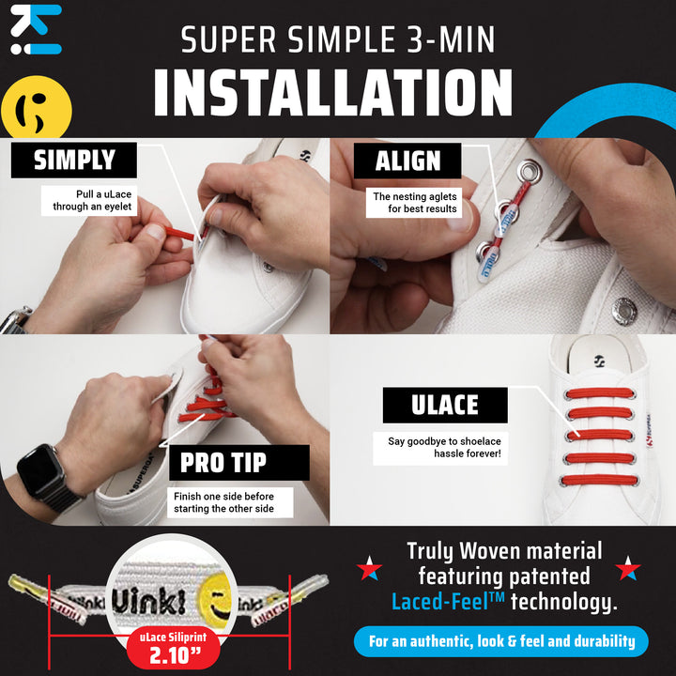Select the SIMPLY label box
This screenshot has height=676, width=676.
[x=74, y=161]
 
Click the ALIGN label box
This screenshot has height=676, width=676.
[x=407, y=161]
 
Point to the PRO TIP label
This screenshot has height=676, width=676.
[x=223, y=462]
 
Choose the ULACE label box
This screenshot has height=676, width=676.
[x=444, y=405]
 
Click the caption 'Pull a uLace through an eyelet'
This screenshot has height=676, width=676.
[x=89, y=200]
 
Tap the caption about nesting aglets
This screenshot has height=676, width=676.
[x=414, y=202]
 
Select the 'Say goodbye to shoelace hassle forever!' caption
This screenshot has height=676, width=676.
[x=444, y=447]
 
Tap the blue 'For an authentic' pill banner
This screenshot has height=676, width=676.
[x=501, y=642]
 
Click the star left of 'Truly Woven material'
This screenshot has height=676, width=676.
[x=369, y=569]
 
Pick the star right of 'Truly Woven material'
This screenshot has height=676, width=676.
[x=628, y=569]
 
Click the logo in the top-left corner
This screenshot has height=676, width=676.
[x=36, y=29]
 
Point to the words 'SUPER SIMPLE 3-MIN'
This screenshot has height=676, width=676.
[x=338, y=39]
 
